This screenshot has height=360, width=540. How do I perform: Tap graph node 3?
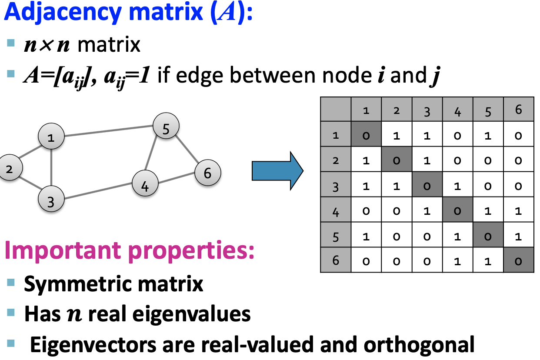tap(51, 200)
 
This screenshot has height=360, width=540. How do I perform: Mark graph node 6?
tap(208, 173)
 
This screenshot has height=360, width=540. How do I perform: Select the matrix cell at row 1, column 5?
tap(488, 135)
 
